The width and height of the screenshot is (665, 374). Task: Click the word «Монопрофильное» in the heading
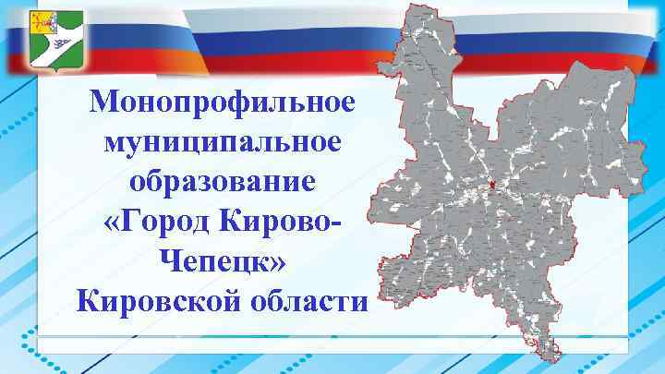pos(223,101)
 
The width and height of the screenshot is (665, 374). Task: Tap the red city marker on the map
pos(493,186)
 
